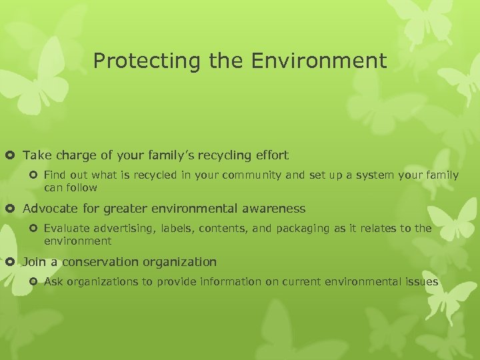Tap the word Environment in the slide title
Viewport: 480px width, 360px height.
(319, 61)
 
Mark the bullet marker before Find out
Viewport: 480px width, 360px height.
(35, 175)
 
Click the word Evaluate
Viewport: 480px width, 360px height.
(66, 229)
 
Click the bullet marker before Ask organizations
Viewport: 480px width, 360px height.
(35, 282)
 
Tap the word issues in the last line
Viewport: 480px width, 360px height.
(422, 282)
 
